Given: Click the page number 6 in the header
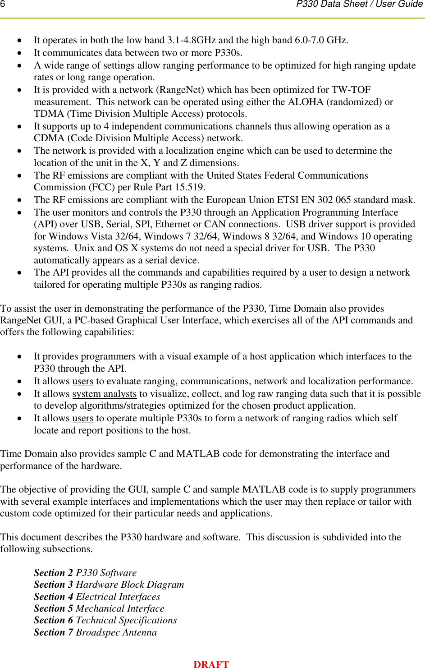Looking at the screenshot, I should pos(3,4).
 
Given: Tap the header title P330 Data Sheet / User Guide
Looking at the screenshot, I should pos(359,4).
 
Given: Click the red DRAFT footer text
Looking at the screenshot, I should pos(211,664).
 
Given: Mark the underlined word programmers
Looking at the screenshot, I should pos(108,356).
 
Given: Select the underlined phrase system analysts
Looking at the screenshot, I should pos(104,394).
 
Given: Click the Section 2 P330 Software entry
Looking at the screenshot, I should pos(85,573).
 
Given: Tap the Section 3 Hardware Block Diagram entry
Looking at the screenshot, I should pos(109,585).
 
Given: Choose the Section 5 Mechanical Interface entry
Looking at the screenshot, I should pos(99,608).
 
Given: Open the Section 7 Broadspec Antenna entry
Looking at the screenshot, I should pos(95,632).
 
